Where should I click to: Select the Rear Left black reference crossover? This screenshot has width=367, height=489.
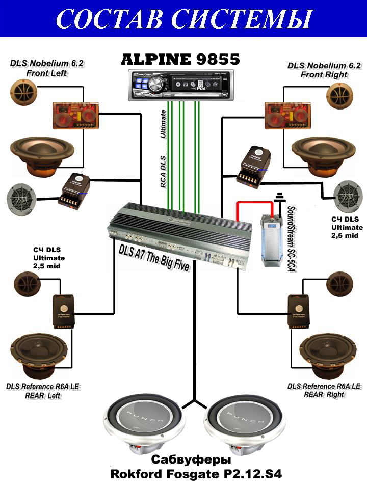pyautogui.click(x=65, y=311)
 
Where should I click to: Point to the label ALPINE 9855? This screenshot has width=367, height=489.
pyautogui.click(x=180, y=60)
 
